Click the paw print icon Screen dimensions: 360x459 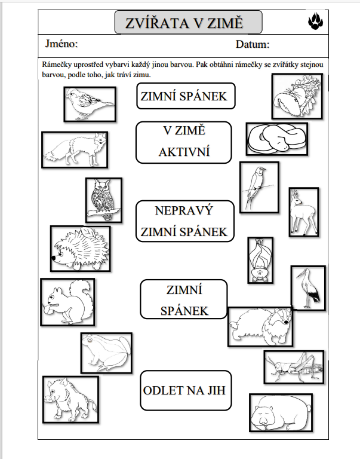pyautogui.click(x=315, y=21)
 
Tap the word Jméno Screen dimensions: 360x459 pyautogui.click(x=61, y=44)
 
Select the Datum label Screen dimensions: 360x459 pyautogui.click(x=253, y=44)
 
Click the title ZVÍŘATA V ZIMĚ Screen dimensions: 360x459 pyautogui.click(x=184, y=23)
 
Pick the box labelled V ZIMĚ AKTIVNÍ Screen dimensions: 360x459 pyautogui.click(x=184, y=142)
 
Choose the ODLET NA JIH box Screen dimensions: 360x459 pyautogui.click(x=186, y=390)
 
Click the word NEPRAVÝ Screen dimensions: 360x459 pyautogui.click(x=184, y=210)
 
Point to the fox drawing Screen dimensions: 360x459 pyautogui.click(x=75, y=150)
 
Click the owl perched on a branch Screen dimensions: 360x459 pyautogui.click(x=104, y=200)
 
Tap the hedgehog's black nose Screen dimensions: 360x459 pyautogui.click(x=54, y=258)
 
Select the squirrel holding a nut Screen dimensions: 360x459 pyautogui.click(x=67, y=302)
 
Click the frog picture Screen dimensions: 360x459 pyautogui.click(x=106, y=353)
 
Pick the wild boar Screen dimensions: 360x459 pyautogui.click(x=71, y=400)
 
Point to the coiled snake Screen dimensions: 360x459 pyautogui.click(x=277, y=139)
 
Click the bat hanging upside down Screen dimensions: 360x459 pyautogui.click(x=260, y=260)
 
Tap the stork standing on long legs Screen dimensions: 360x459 pyautogui.click(x=308, y=287)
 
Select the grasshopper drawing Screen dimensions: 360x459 pyautogui.click(x=294, y=367)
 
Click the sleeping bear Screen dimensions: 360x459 pyautogui.click(x=281, y=413)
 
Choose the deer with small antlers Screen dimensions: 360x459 pyautogui.click(x=304, y=212)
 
